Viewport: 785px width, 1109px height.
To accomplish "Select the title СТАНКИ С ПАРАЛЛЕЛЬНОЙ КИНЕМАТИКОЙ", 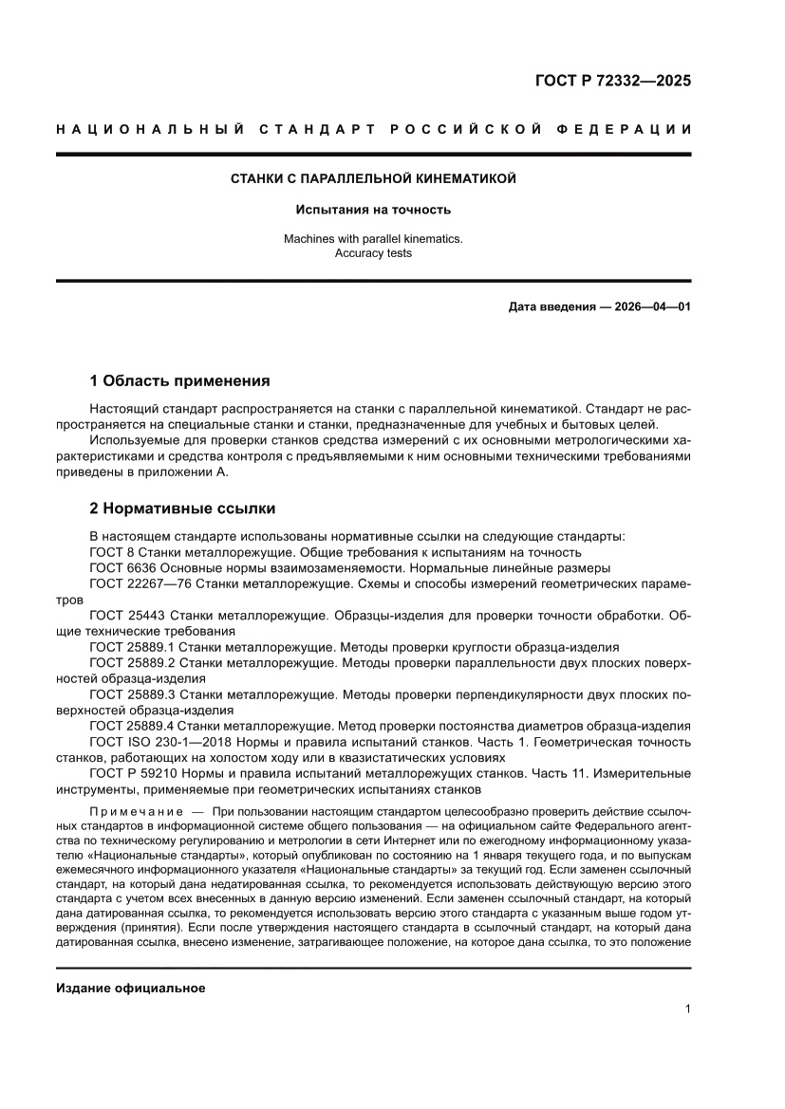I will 374,178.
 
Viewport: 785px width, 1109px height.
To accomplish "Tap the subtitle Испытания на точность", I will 374,209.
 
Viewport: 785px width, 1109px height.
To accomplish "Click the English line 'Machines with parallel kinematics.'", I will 374,239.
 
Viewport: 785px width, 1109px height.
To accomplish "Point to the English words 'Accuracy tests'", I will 374,253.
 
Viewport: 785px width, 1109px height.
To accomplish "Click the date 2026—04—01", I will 644,307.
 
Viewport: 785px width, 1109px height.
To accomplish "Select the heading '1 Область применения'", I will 179,381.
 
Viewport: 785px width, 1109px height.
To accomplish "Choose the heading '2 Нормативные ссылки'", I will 182,508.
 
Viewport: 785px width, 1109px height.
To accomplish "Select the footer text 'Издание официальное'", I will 131,988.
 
